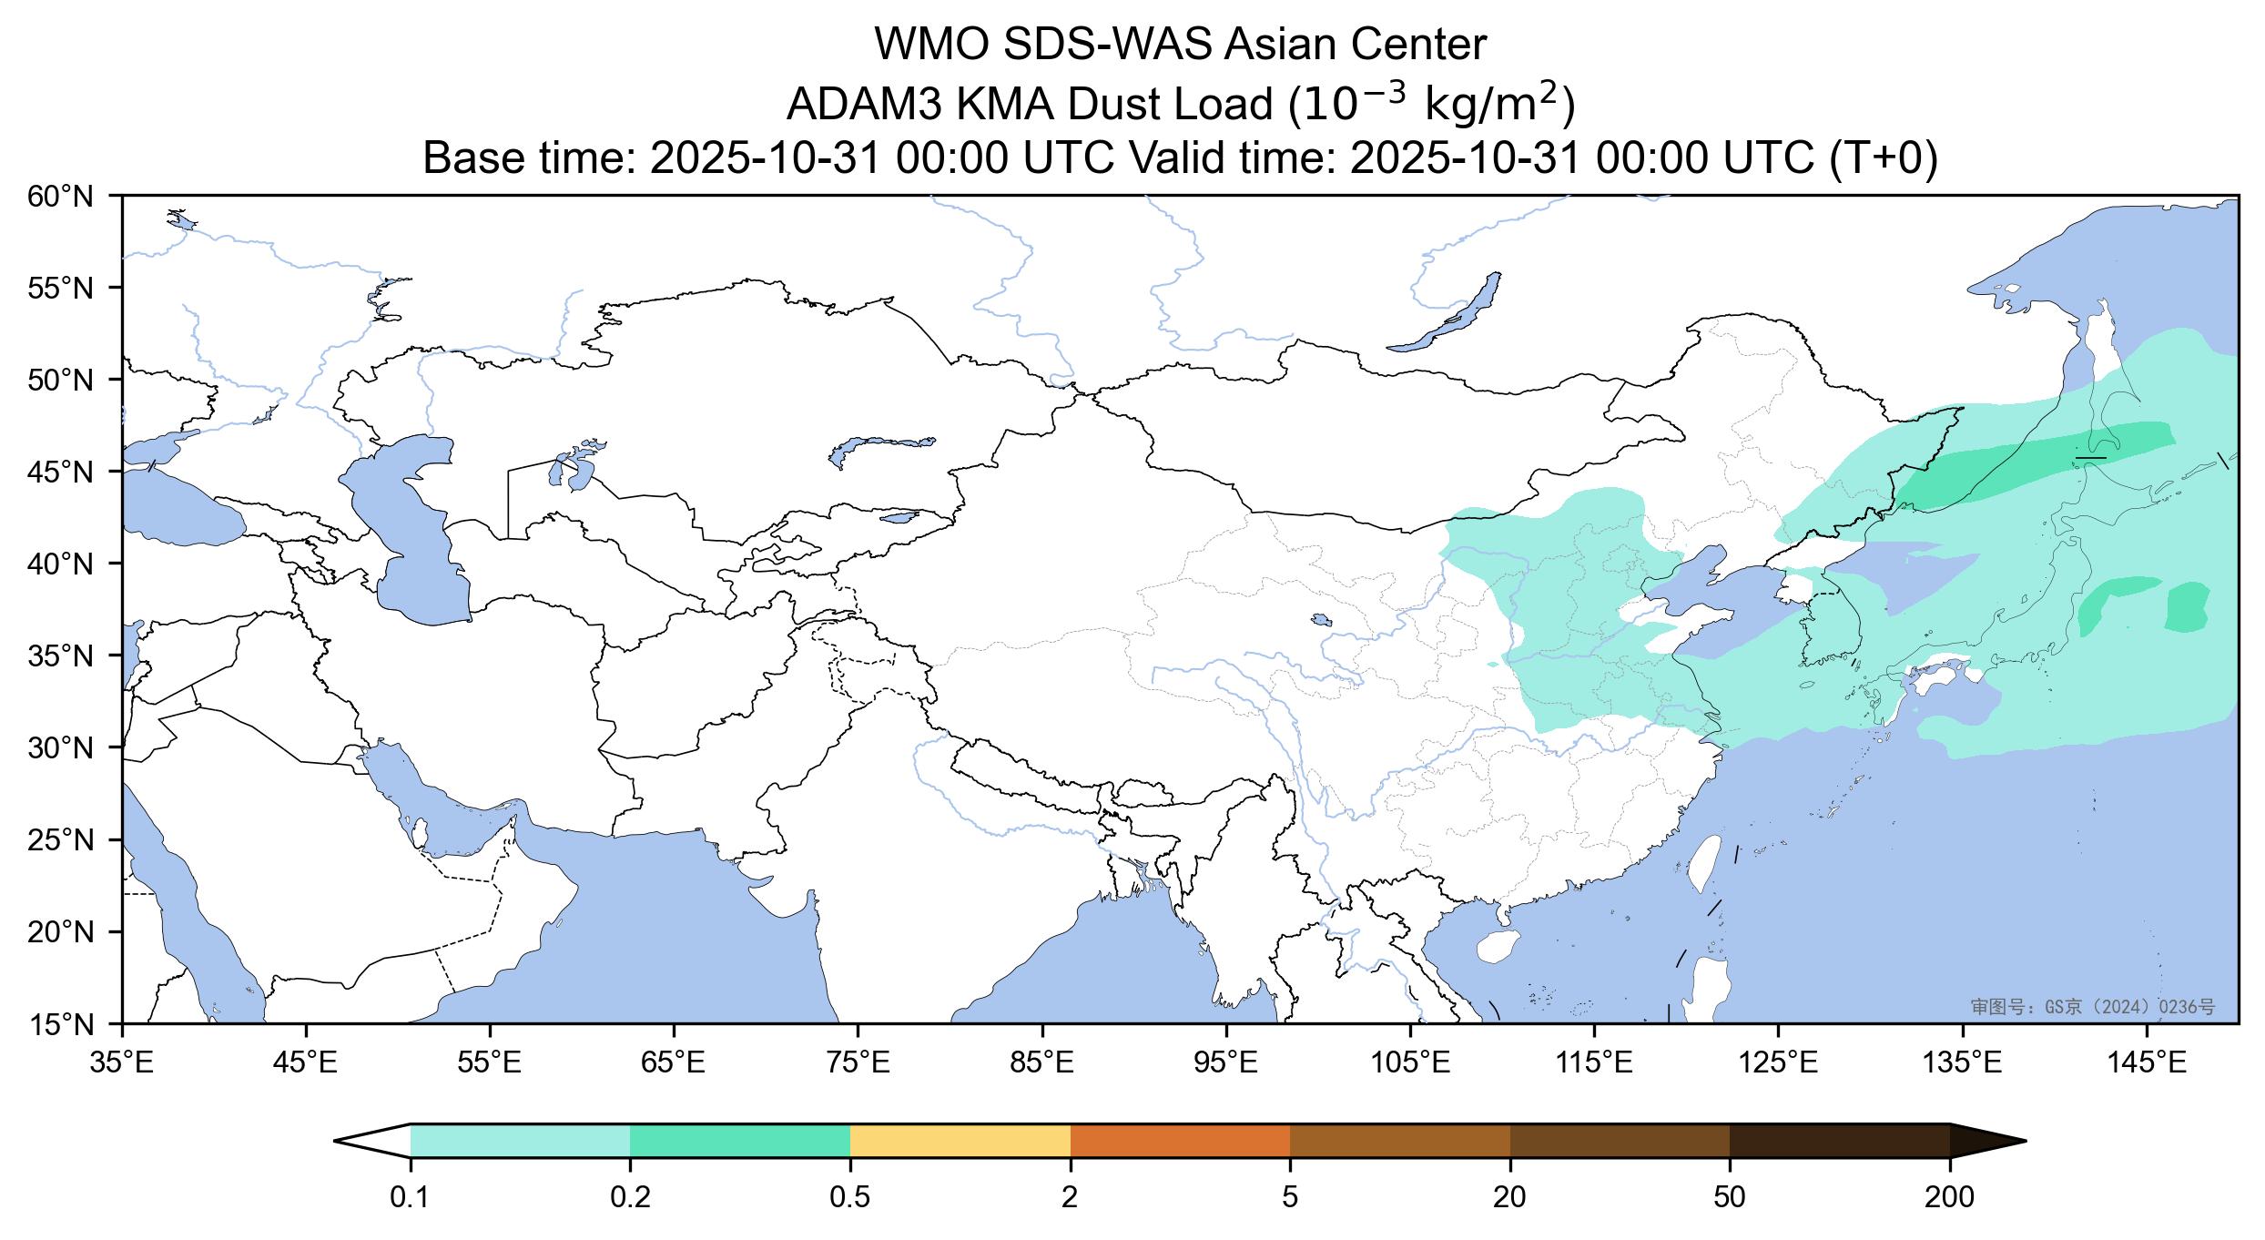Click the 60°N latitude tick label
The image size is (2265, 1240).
[61, 196]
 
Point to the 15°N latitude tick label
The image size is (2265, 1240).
[61, 1025]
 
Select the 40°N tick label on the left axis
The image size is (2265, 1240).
[61, 564]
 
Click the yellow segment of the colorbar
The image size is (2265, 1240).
[960, 1141]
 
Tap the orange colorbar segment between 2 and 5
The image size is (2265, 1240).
[1180, 1141]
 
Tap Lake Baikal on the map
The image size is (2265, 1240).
[1447, 314]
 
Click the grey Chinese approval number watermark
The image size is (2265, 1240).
[2091, 1007]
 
